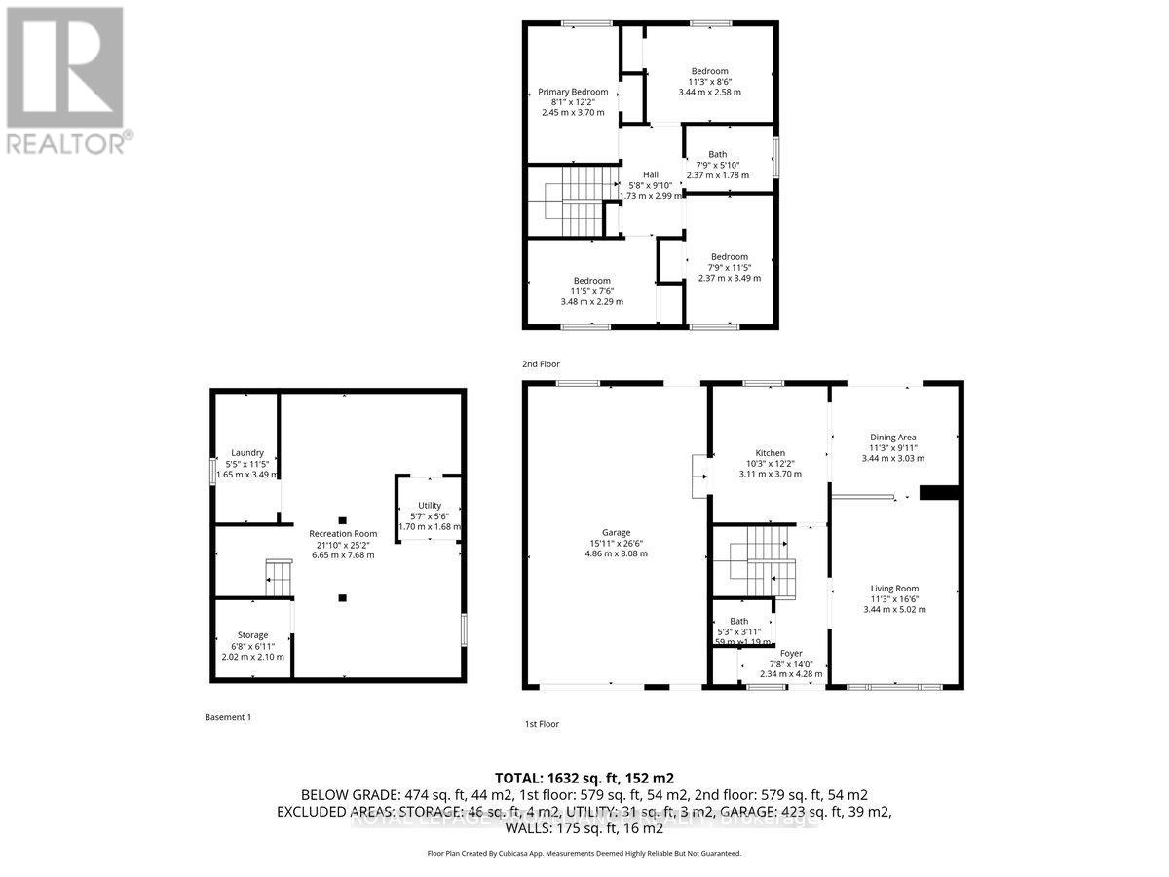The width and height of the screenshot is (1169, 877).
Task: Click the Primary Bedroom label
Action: coord(573,92)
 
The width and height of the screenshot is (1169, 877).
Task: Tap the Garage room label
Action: coord(616,532)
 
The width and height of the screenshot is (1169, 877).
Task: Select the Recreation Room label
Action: coord(343,533)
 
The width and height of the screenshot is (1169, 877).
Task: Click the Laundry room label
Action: coord(247,452)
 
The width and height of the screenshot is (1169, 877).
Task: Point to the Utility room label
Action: coord(430,505)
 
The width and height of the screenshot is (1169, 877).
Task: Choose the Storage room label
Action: coord(252,635)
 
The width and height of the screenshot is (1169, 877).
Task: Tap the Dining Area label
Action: coord(892,438)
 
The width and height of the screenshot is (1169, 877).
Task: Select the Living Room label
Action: coord(893,588)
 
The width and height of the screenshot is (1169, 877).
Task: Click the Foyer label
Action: coord(790,654)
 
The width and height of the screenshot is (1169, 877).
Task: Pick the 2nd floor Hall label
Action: coord(651,174)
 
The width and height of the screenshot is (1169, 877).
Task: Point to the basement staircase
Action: coord(279,578)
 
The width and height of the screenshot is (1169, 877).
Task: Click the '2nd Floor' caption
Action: coord(542,363)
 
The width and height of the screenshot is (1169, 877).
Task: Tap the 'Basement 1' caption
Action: coord(228,717)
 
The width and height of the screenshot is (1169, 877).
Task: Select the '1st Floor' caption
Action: coord(542,724)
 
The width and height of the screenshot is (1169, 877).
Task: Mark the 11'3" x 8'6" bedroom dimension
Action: coord(709,82)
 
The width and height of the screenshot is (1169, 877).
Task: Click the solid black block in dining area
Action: coord(939,493)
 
